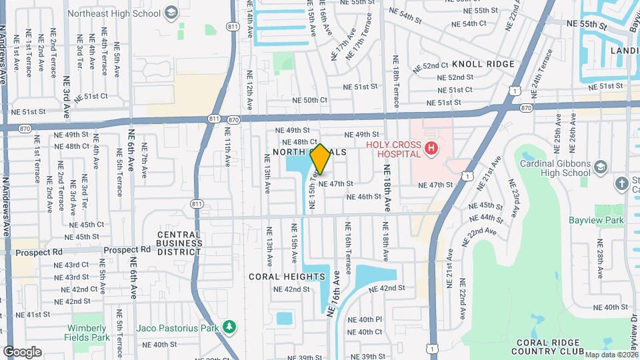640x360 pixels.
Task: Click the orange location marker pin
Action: click(x=321, y=159)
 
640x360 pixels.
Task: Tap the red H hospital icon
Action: click(x=431, y=148)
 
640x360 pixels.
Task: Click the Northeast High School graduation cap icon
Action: click(x=171, y=13)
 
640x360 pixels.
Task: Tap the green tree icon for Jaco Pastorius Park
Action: click(x=229, y=327)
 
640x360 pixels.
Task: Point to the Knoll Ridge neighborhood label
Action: click(x=483, y=65)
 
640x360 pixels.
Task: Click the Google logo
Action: click(x=22, y=351)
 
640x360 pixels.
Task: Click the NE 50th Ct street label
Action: click(x=310, y=100)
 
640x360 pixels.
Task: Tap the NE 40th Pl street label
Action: click(x=365, y=319)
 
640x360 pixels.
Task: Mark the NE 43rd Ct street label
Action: click(x=71, y=265)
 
